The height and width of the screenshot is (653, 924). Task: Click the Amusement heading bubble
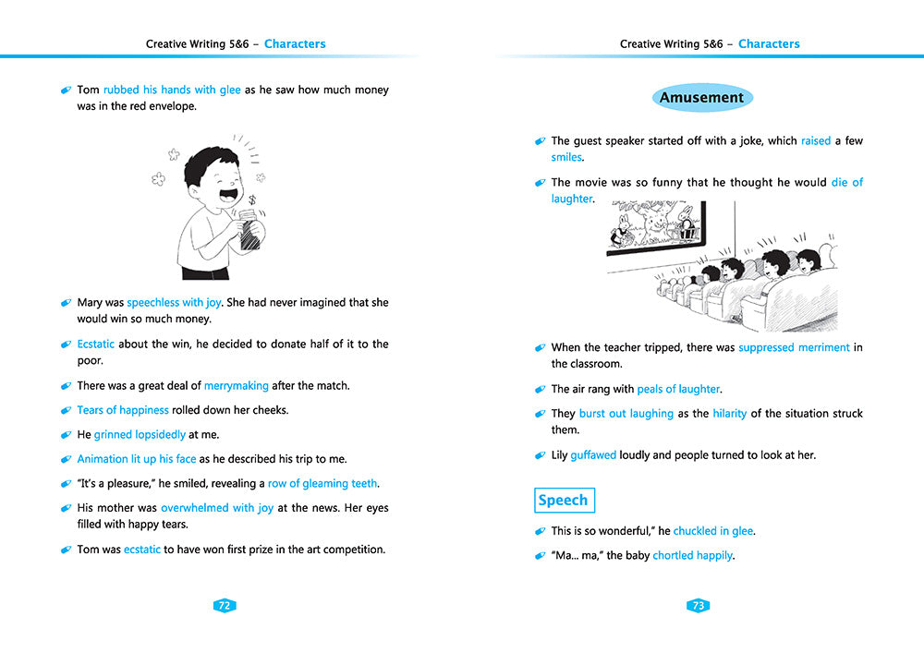(x=701, y=98)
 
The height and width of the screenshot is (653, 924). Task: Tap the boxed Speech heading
(x=564, y=501)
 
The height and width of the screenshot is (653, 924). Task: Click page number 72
(x=224, y=606)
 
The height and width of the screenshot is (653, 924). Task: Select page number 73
(x=699, y=606)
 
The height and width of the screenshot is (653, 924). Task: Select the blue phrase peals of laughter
(x=678, y=390)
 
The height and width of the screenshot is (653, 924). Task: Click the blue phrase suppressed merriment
(x=794, y=348)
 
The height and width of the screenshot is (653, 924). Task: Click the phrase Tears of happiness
(x=123, y=410)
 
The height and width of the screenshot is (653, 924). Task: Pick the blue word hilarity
(x=729, y=414)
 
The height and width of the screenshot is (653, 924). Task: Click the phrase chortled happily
(x=693, y=556)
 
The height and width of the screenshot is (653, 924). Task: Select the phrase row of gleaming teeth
(x=323, y=484)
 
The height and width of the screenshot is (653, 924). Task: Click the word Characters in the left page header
(x=295, y=44)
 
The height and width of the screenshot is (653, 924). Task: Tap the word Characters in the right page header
(x=769, y=44)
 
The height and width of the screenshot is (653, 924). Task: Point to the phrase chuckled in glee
(x=712, y=531)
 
